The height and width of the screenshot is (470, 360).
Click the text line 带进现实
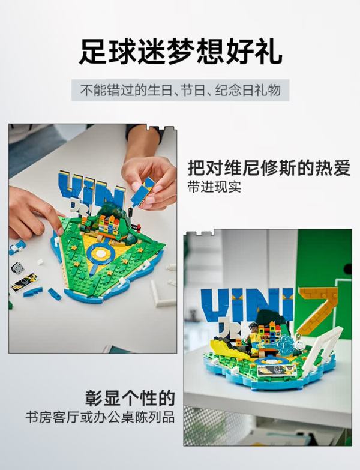tap(214, 187)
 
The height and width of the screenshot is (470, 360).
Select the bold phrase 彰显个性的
tap(130, 398)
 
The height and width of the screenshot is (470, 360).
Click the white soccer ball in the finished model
tap(299, 345)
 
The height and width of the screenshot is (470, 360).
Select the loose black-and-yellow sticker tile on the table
tap(24, 282)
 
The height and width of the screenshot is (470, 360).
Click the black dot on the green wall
tap(347, 268)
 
